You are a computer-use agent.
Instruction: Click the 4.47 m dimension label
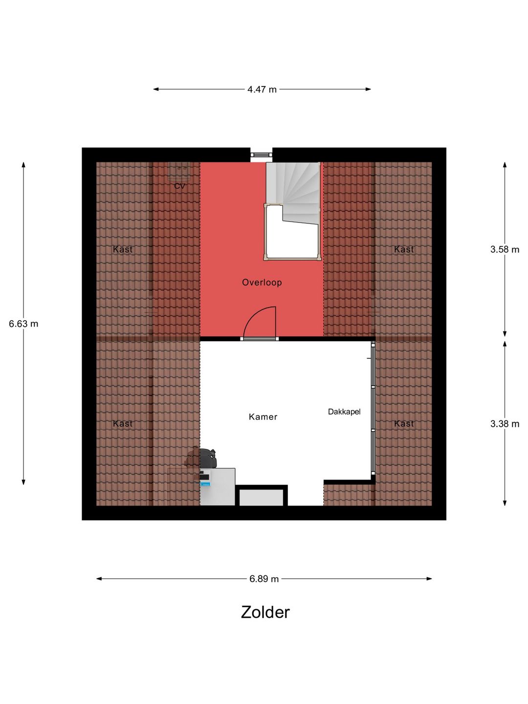coord(262,89)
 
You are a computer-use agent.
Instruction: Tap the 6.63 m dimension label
coord(23,324)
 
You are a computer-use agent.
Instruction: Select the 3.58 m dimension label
coord(505,249)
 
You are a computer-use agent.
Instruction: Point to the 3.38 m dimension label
coord(505,424)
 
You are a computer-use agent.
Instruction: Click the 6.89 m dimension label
coord(264,579)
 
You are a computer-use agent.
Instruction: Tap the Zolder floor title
coord(265,612)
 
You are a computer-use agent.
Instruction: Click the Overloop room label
coord(262,283)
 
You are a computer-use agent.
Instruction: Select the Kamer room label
coord(263,417)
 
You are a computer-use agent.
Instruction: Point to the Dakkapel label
coord(344,412)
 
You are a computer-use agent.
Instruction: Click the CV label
coord(179,186)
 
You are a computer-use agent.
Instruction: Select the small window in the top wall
coord(261,154)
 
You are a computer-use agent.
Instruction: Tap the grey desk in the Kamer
coord(218,486)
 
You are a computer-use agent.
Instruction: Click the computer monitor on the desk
coord(204,478)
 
